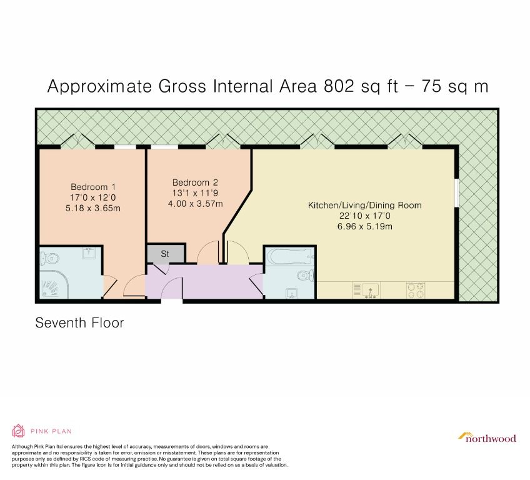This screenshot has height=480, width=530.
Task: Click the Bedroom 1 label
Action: click(92, 187)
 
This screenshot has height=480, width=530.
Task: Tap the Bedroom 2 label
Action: click(195, 182)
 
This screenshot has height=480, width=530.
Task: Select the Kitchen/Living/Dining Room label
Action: click(364, 205)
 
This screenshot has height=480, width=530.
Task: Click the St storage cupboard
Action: click(166, 254)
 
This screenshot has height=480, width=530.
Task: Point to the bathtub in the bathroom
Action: click(289, 257)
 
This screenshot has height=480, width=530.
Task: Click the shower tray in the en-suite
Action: click(56, 285)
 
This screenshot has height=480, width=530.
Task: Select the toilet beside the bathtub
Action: click(305, 275)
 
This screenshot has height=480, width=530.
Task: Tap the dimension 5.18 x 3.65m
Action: click(92, 208)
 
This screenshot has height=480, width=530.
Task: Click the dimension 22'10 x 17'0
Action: click(364, 216)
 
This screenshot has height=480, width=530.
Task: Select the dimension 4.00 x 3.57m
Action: click(195, 204)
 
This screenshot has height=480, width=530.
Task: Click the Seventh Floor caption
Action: click(79, 323)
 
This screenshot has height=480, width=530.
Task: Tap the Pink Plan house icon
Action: click(19, 431)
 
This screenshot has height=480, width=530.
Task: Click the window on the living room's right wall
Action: click(456, 191)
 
